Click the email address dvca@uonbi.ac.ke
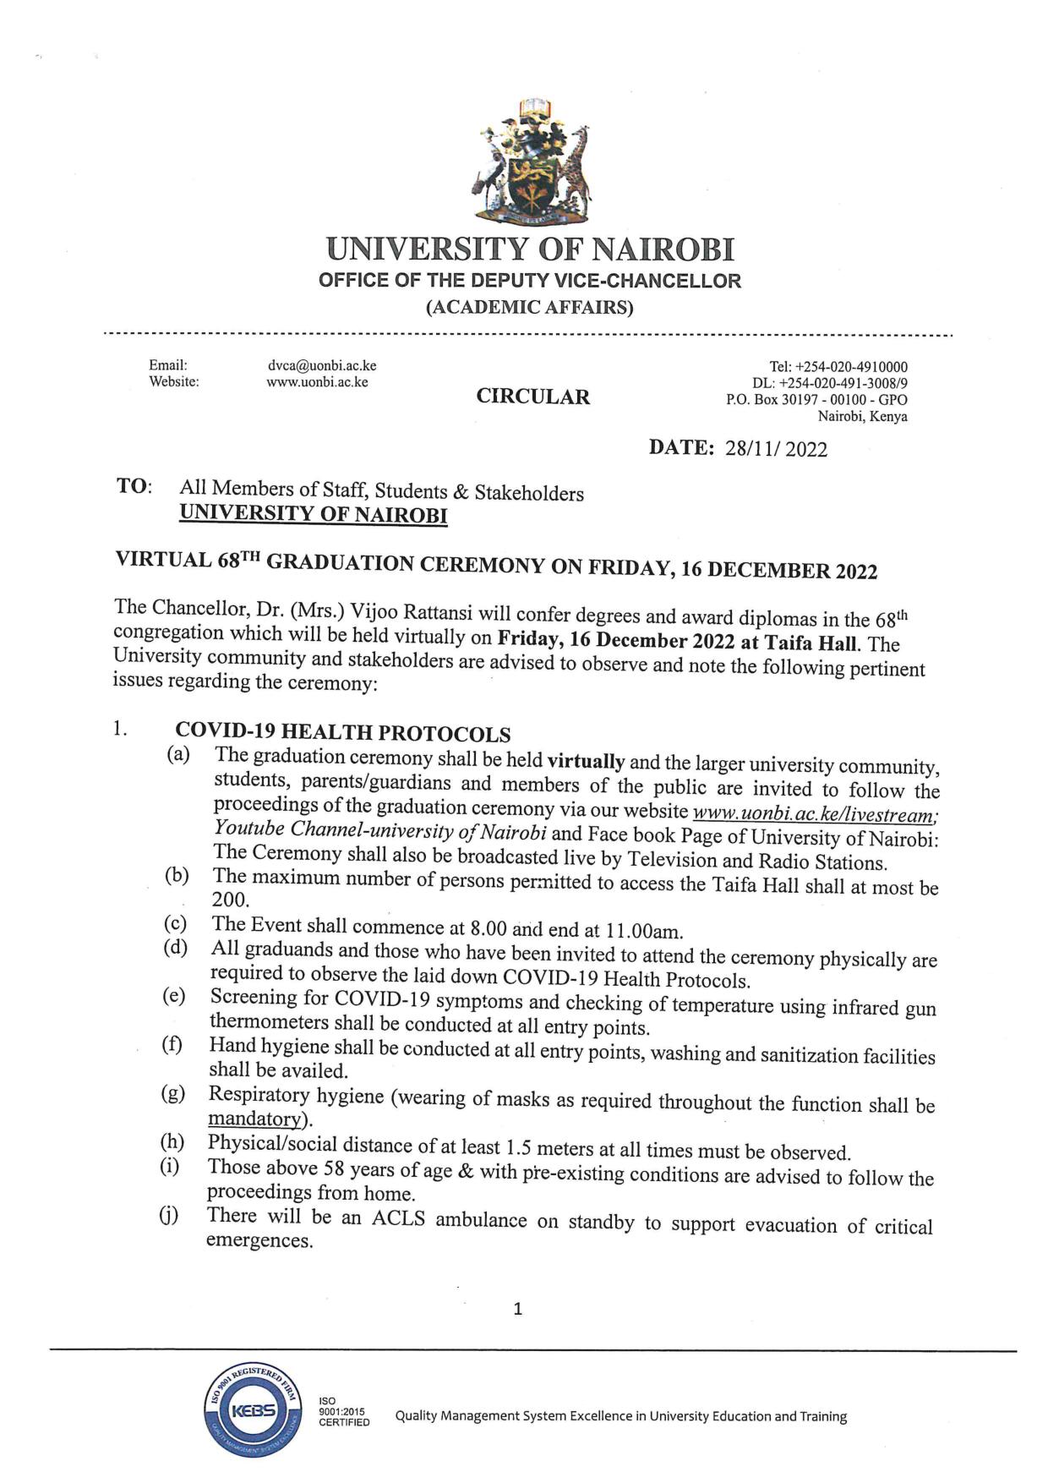click(321, 365)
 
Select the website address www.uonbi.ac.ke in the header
click(317, 381)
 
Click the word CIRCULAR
click(532, 397)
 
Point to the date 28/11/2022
click(776, 449)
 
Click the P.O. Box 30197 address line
click(816, 400)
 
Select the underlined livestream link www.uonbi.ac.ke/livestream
click(815, 816)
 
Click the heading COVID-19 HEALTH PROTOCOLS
click(342, 733)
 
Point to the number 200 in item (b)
click(230, 900)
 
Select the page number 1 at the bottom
click(518, 1309)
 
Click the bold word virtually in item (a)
click(586, 760)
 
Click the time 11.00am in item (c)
click(643, 931)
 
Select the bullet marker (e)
click(173, 995)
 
